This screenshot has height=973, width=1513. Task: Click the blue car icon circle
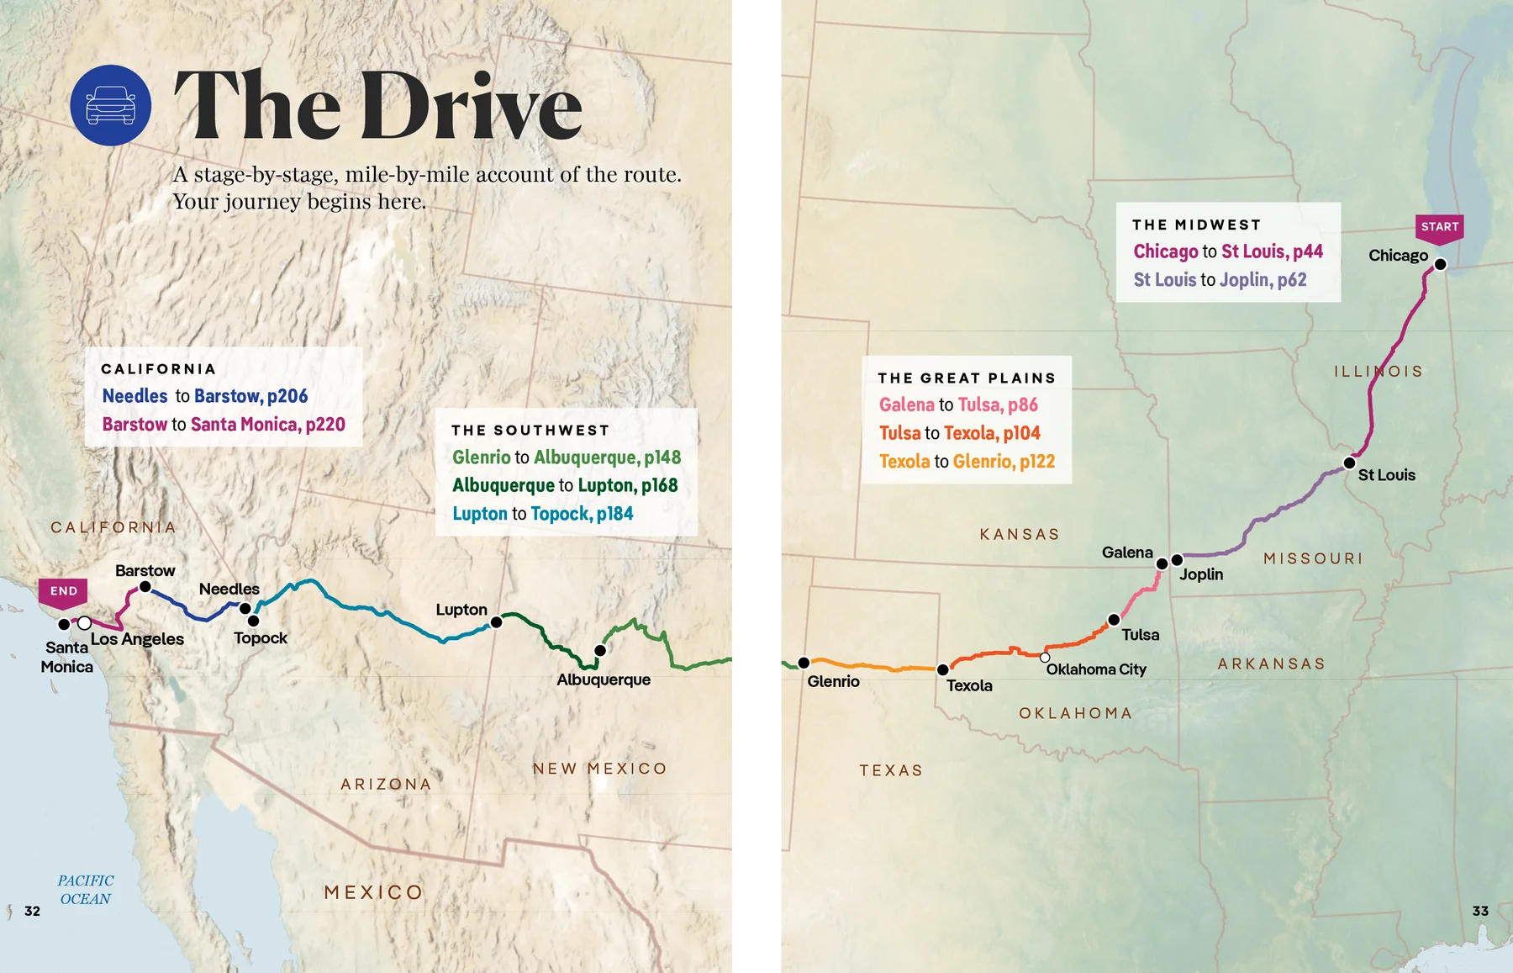tap(111, 105)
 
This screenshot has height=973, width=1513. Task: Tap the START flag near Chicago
tap(1439, 227)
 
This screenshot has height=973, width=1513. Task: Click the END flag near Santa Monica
tap(63, 591)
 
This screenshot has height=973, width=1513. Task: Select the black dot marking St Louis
tap(1349, 463)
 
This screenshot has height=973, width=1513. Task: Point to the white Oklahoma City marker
tap(1045, 658)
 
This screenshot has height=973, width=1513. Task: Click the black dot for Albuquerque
tap(600, 650)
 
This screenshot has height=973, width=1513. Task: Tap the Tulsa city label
tap(1140, 635)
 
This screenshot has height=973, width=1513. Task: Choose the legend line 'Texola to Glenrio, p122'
tap(967, 462)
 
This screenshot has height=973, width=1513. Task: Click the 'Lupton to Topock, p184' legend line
tap(542, 514)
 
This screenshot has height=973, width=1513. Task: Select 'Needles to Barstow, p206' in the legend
tap(204, 396)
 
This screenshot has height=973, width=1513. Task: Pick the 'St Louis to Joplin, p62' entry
tap(1220, 280)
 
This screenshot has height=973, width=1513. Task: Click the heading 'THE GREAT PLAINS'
tap(966, 378)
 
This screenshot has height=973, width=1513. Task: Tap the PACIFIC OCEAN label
tap(85, 890)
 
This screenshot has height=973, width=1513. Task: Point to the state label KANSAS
tap(1020, 535)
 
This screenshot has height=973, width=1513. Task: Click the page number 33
tap(1480, 911)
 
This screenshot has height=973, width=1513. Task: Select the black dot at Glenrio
tap(804, 663)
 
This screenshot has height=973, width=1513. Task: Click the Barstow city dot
tap(145, 587)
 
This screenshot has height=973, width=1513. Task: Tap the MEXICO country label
tap(373, 892)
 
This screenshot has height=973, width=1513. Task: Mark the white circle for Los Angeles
tap(84, 623)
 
